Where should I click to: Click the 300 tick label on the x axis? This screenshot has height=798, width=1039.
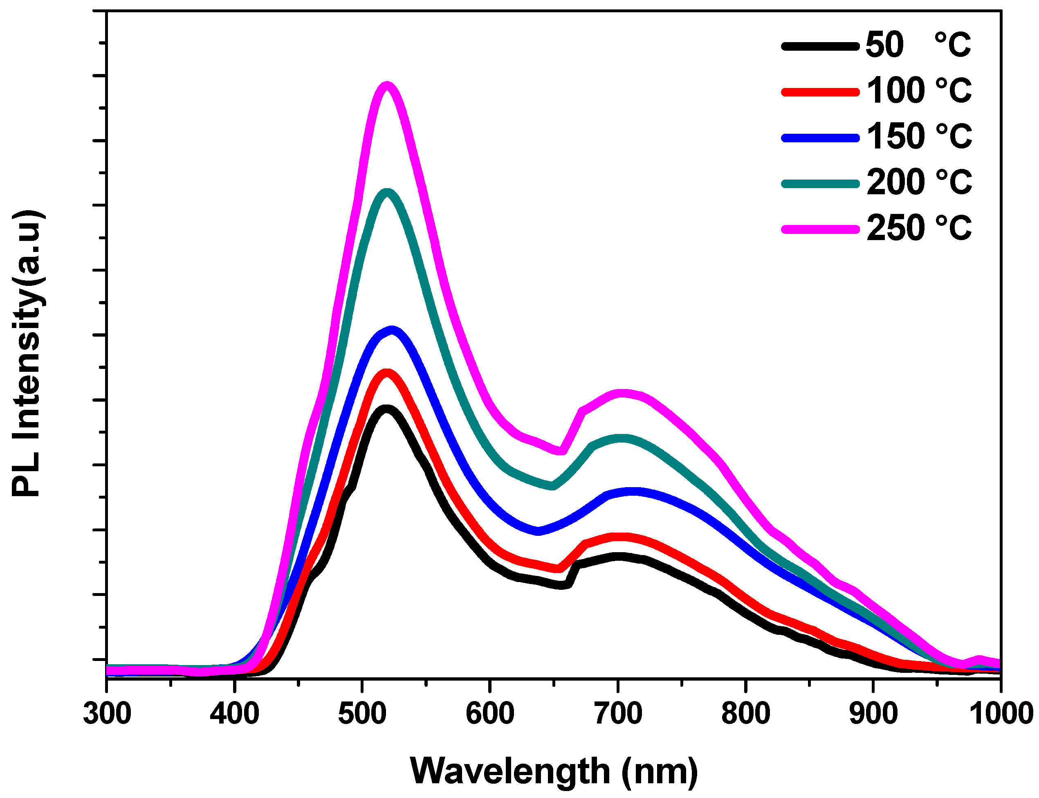107,713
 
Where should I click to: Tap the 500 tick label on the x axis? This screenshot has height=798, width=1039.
362,713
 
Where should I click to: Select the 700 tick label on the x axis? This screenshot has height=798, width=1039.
618,713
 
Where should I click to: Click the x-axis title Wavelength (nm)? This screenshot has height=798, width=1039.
554,771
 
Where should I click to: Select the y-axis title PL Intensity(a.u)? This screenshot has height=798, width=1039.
27,353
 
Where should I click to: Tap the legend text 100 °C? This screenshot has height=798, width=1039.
919,90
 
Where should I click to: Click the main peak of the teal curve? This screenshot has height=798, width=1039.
388,192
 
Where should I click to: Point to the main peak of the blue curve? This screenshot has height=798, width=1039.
392,330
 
